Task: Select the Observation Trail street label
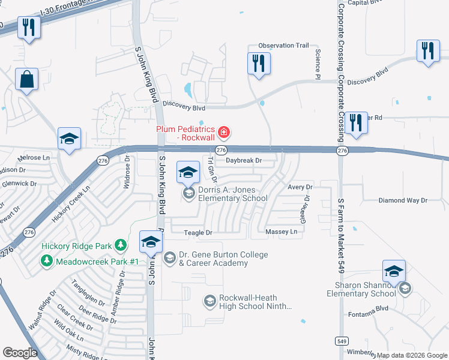[283, 46]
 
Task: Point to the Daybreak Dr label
[244, 160]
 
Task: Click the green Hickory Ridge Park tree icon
[121, 245]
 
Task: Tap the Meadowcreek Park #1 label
[97, 262]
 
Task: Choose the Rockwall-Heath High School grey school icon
[209, 301]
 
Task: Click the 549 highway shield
[342, 339]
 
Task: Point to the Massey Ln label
[281, 232]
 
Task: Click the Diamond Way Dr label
[402, 200]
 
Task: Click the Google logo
[20, 353]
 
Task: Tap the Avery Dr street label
[301, 187]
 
